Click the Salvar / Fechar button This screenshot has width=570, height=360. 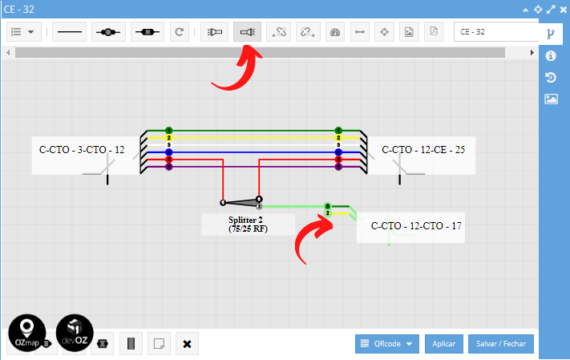click(x=500, y=344)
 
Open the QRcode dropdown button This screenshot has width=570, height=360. click(x=387, y=344)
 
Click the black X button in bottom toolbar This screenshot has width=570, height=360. click(x=187, y=344)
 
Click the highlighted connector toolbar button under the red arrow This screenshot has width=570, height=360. click(x=247, y=32)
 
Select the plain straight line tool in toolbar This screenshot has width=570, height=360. click(x=70, y=32)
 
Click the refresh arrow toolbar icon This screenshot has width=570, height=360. click(x=180, y=32)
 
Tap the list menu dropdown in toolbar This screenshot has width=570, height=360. click(x=22, y=32)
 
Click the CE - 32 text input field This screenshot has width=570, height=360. click(x=495, y=32)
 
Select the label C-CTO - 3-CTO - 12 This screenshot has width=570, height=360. click(x=82, y=150)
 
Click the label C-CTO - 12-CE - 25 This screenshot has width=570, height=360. click(x=423, y=150)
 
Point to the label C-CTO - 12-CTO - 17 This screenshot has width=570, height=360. click(x=416, y=227)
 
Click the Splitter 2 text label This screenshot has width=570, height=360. click(x=245, y=220)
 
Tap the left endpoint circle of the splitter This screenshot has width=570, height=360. click(x=223, y=202)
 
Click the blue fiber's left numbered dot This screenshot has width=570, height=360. click(x=169, y=152)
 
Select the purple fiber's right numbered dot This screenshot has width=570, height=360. click(x=338, y=167)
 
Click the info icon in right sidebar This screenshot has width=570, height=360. click(x=551, y=56)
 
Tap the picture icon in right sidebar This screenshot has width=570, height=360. click(x=551, y=99)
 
